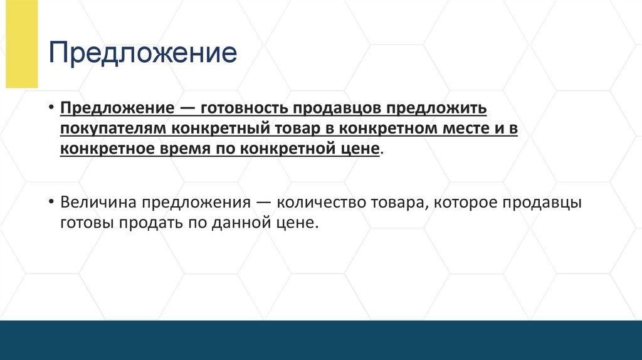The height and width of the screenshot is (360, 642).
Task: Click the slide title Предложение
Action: (143, 54)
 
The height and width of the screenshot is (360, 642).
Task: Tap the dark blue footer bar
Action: (321, 340)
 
